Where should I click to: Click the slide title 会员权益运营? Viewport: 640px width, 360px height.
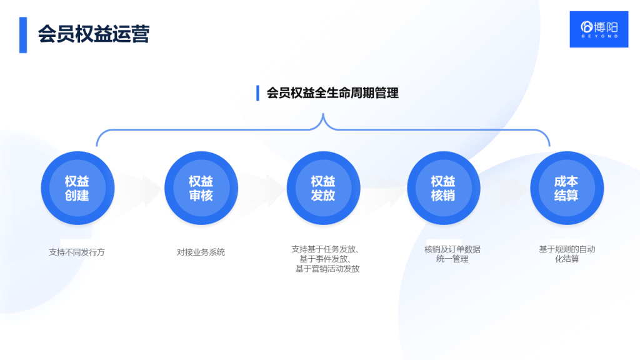tap(93, 34)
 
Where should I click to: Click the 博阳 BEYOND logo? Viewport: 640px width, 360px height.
tap(598, 29)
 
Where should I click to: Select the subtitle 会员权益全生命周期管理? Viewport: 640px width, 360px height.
tap(332, 93)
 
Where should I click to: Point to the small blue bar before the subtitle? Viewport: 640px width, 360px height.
tap(257, 93)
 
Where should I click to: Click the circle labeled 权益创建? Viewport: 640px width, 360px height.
tap(77, 188)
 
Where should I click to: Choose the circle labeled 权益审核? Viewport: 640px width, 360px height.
tap(201, 188)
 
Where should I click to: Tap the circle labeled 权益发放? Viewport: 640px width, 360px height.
tap(323, 188)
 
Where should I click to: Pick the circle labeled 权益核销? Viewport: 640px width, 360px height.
tap(443, 188)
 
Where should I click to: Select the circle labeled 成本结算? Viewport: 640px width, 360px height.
tap(566, 188)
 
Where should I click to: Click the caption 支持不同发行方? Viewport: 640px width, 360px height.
tap(77, 252)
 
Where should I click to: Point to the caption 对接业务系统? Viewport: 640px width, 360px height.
tap(201, 252)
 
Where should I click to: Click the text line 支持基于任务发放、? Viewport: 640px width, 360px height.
tap(325, 249)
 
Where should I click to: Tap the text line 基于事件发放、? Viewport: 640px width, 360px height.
tap(325, 259)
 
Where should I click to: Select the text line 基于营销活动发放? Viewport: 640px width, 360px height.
tap(327, 269)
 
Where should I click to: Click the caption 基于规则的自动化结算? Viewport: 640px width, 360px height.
tap(567, 254)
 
